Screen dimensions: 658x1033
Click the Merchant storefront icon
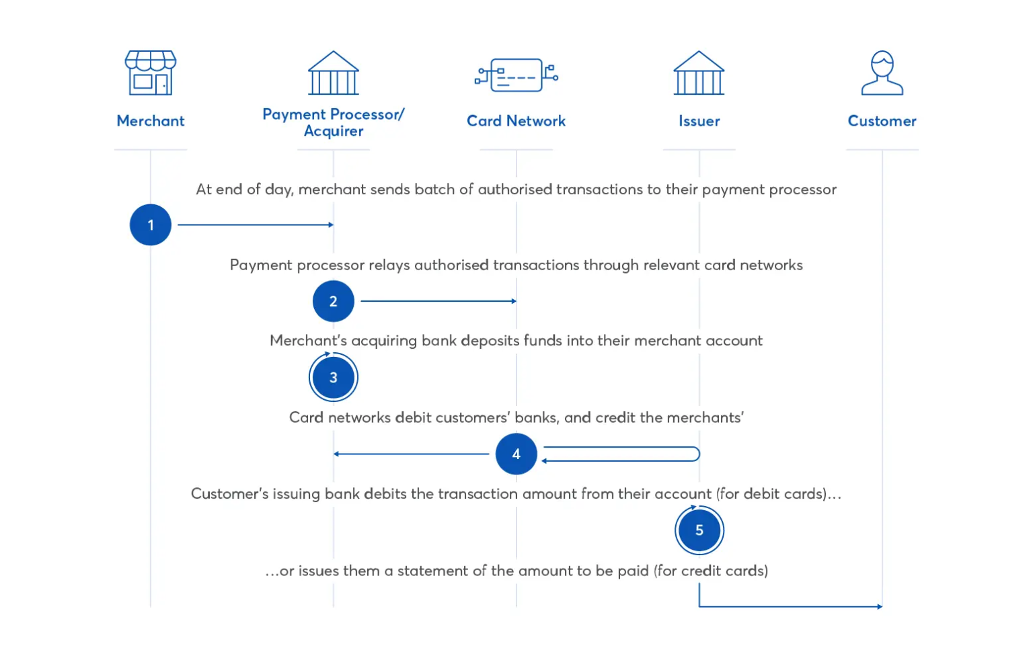[x=151, y=73]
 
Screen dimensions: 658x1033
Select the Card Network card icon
[x=516, y=75]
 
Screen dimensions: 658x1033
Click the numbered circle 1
[x=151, y=225]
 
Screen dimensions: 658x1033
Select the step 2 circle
[x=334, y=301]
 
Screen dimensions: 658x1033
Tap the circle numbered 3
[x=334, y=378]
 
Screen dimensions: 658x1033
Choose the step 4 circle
[x=516, y=454]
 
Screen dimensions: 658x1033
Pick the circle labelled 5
[x=699, y=530]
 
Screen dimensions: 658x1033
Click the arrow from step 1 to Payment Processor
[x=256, y=224]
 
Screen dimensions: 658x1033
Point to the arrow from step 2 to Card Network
[x=438, y=301]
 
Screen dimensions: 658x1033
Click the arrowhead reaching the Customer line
[x=879, y=606]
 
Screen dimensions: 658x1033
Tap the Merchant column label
[x=151, y=121]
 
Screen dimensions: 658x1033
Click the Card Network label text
[x=516, y=121]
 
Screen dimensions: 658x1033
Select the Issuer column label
[x=699, y=121]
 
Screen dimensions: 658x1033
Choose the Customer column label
[x=882, y=121]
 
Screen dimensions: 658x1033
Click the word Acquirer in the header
[x=334, y=131]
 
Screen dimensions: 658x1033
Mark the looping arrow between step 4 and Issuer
[x=622, y=454]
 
